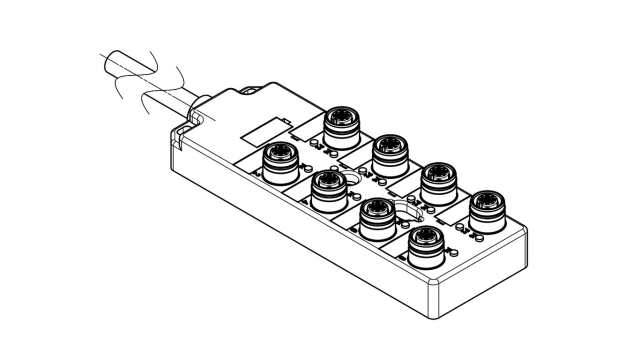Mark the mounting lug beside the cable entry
183,129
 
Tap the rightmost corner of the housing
528,227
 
